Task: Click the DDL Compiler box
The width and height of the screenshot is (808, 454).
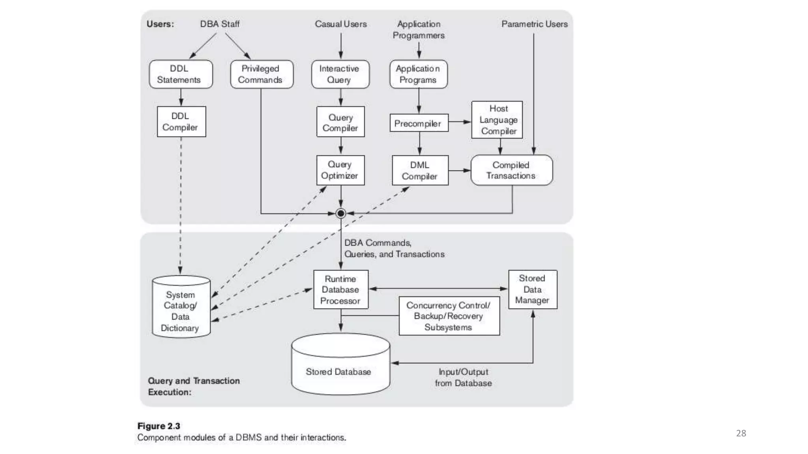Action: [181, 121]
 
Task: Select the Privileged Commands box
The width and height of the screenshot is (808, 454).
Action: [262, 74]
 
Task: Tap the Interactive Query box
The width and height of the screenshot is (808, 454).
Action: [340, 74]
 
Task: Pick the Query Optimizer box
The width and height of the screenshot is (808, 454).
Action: [340, 170]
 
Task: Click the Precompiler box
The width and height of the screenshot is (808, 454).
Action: [419, 123]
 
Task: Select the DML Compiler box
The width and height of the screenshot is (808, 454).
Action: [420, 170]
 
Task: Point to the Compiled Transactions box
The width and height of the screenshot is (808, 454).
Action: [511, 170]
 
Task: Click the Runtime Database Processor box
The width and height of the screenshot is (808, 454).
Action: [340, 289]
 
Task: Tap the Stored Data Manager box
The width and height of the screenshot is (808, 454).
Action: [533, 289]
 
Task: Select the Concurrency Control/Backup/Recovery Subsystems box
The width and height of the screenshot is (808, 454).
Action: [449, 316]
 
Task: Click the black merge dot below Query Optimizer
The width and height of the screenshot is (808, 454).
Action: [340, 213]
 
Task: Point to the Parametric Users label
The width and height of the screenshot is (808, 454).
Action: [534, 24]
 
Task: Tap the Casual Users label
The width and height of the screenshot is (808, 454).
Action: [340, 24]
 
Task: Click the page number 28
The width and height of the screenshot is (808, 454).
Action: [741, 433]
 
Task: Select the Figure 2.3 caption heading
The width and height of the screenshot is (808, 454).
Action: [159, 426]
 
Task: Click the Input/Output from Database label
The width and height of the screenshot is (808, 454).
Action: [463, 377]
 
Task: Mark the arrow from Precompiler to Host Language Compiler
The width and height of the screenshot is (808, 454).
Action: [460, 122]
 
